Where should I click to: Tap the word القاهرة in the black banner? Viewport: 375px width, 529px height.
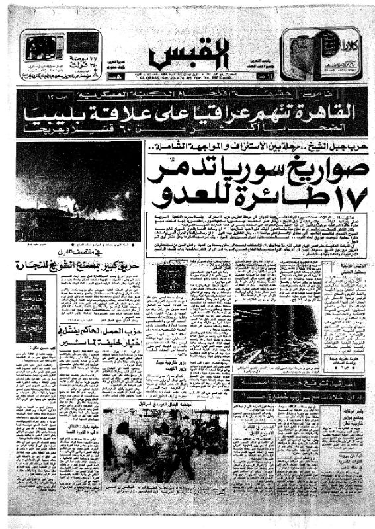324,116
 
